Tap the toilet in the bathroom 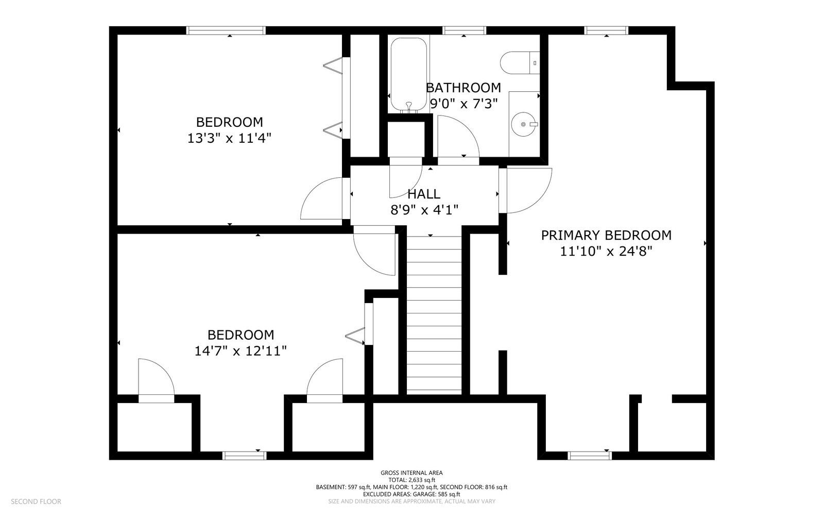pos(520,63)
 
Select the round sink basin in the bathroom pos(523,124)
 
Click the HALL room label pos(424,194)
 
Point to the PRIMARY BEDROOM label pos(606,235)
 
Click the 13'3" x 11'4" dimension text pos(230,138)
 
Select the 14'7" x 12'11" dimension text pos(241,351)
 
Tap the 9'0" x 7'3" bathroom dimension pos(463,104)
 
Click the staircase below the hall pos(434,313)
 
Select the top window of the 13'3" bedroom pos(226,30)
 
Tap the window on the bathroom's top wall pos(464,30)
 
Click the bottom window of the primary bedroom pos(590,456)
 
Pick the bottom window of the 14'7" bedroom pos(245,456)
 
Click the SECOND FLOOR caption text pos(36,502)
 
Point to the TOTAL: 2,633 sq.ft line pos(411,480)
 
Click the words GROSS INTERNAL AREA pos(411,473)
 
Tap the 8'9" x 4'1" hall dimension pos(424,210)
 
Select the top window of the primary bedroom pos(606,30)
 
